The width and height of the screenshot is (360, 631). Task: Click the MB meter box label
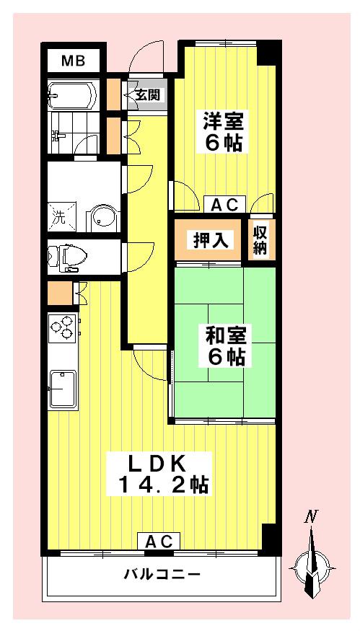(x=74, y=61)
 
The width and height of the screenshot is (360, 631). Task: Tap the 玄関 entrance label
(x=147, y=95)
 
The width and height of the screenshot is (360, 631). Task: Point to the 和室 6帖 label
(x=226, y=345)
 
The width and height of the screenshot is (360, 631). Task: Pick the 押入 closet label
(x=211, y=240)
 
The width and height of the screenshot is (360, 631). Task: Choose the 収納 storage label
(x=260, y=240)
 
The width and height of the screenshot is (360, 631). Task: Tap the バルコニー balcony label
(x=162, y=573)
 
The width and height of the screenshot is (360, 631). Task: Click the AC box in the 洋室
(x=224, y=204)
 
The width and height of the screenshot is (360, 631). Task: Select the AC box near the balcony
(x=159, y=541)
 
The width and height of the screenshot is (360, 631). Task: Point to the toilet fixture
(x=68, y=256)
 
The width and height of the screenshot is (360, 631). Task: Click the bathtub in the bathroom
(x=72, y=96)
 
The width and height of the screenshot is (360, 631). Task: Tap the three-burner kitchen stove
(x=63, y=328)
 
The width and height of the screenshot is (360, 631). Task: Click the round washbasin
(x=103, y=218)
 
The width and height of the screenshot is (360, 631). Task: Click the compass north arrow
(x=310, y=563)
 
